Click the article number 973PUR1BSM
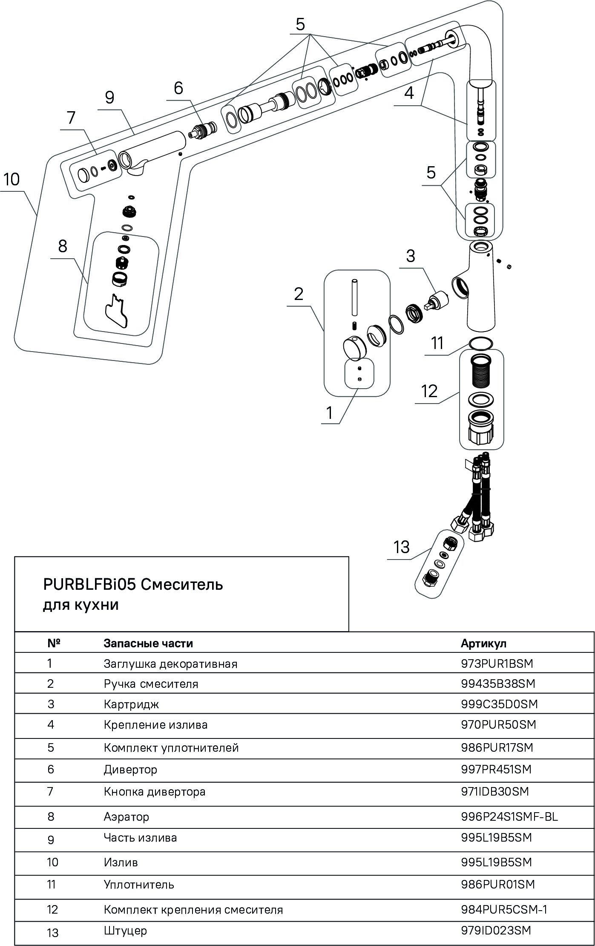(x=497, y=663)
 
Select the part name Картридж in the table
(x=131, y=704)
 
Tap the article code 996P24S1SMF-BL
(x=509, y=816)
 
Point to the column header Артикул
(x=483, y=643)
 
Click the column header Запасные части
(x=148, y=643)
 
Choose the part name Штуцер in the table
(x=125, y=930)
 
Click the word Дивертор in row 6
(x=130, y=770)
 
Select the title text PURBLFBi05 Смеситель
(x=133, y=585)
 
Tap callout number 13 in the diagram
(x=401, y=547)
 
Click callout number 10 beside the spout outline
(x=12, y=179)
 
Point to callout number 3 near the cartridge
(x=410, y=256)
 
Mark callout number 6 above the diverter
(x=178, y=88)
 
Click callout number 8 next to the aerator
(x=63, y=246)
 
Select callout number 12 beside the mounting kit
(x=429, y=391)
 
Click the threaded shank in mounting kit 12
(x=481, y=371)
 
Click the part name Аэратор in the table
(x=126, y=817)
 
